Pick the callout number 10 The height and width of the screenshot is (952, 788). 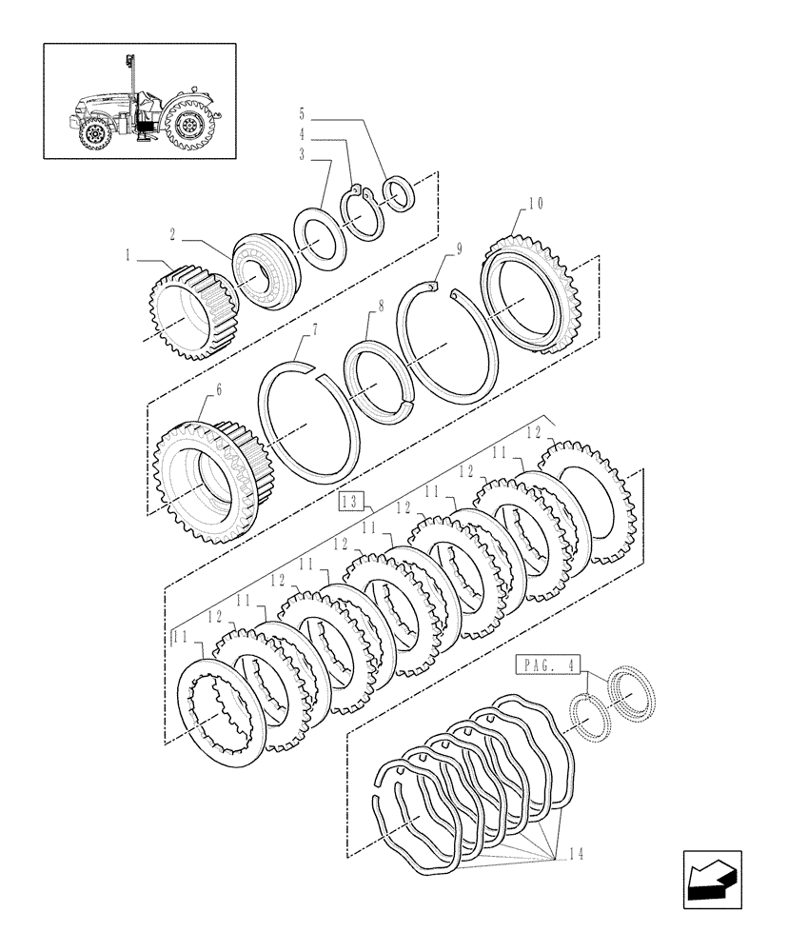tap(535, 203)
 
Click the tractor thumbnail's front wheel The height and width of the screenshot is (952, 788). tap(94, 133)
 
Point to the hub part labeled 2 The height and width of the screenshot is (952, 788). tap(266, 271)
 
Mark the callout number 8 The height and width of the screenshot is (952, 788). tap(381, 307)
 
